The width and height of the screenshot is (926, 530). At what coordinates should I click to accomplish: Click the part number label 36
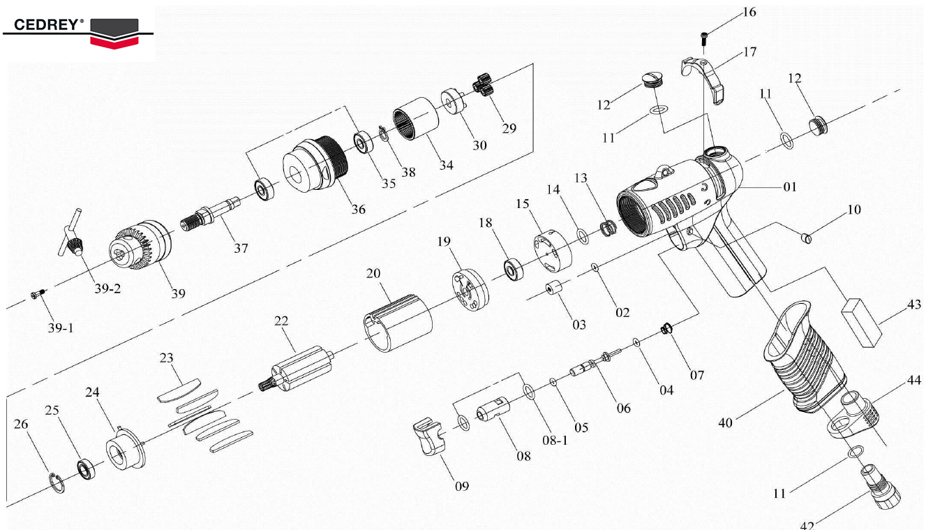[359, 209]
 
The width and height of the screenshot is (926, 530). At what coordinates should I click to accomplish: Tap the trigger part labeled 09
[428, 437]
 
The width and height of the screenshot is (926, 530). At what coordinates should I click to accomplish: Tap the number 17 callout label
[749, 52]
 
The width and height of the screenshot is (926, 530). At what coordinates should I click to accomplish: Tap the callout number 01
[789, 187]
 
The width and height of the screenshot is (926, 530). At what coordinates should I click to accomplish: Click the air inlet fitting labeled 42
[883, 486]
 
